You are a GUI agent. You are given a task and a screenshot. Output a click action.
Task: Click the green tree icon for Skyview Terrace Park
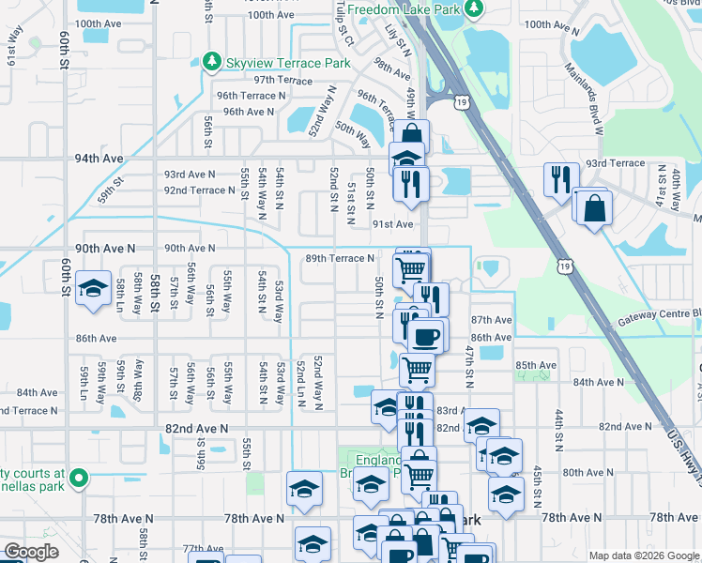212,62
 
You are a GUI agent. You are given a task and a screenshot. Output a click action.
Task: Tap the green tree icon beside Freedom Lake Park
475,9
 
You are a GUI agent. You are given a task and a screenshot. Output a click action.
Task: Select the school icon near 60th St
93,289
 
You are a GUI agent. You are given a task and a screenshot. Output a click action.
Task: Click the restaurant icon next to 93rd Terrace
560,178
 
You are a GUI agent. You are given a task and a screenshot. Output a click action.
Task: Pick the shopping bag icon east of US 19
595,207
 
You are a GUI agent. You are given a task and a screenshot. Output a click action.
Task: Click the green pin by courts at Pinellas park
79,479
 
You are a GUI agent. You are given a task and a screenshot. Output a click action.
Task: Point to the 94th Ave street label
99,159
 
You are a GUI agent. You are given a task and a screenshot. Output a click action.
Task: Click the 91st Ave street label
392,224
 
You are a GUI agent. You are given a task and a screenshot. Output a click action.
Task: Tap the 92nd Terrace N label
199,190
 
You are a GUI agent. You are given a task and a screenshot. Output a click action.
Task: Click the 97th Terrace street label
282,81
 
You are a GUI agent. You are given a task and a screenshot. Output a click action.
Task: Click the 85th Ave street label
537,365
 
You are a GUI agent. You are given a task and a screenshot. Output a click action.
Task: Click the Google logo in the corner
32,552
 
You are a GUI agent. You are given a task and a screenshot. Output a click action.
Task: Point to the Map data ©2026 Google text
643,555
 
